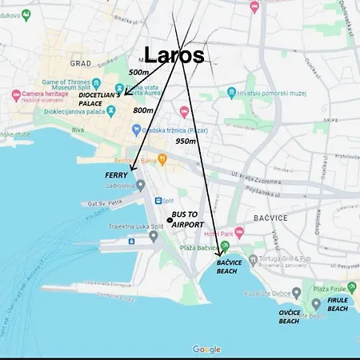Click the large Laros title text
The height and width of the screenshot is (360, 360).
coord(174,54)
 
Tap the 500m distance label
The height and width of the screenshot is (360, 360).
coord(138,72)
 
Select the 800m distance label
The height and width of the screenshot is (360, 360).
coord(144,110)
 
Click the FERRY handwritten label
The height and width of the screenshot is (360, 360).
coord(116,173)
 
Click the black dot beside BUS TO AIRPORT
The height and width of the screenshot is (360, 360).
coord(169,220)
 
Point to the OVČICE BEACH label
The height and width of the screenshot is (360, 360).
coord(289,317)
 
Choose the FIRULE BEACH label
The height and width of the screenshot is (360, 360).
coord(338,305)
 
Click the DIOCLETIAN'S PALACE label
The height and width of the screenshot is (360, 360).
coord(100,98)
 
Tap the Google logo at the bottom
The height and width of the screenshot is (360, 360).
coord(206,350)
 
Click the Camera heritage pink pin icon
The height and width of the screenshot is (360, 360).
coord(14,94)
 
